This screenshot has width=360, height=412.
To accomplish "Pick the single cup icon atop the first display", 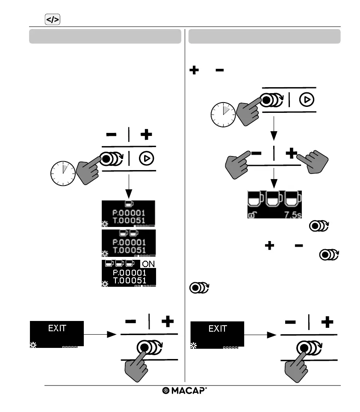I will tap(128, 204).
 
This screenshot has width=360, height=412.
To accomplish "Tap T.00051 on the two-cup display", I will tap(129, 250).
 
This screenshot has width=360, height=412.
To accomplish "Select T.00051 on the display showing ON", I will tap(129, 281).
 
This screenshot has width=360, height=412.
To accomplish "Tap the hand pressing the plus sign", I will tap(315, 161).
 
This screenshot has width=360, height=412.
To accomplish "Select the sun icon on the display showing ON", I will tap(105, 283).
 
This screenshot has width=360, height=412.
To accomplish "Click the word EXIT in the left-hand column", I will tap(57, 329).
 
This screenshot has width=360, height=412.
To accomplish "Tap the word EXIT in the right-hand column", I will tap(217, 329).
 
